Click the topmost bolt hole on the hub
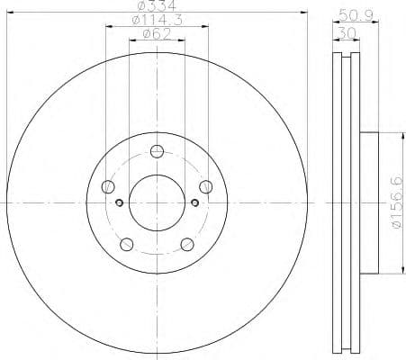pos(158,151)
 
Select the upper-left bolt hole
pos(109,186)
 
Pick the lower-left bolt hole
pos(127,244)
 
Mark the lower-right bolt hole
pos(187,244)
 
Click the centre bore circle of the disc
pos(158,203)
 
